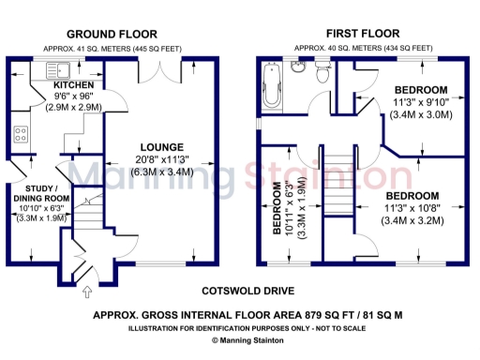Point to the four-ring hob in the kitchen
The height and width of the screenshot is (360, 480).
tap(20, 133)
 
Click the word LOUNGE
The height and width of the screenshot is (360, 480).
tap(163, 147)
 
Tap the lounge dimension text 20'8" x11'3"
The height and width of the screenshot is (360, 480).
tap(164, 160)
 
